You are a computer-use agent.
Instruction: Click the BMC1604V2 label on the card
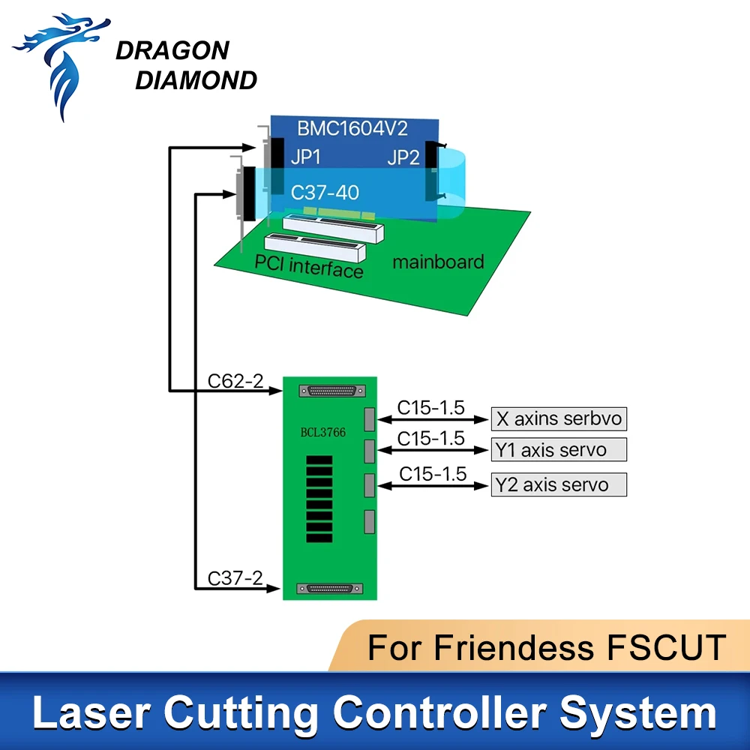point(352,127)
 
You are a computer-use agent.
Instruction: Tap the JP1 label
point(306,157)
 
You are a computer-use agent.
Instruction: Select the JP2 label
point(404,157)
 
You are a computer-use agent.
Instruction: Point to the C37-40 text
point(325,193)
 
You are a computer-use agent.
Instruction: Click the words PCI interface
point(309,266)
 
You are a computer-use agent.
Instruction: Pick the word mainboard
point(438,262)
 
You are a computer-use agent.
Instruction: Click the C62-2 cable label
point(235,381)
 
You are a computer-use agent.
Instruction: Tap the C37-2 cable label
point(235,578)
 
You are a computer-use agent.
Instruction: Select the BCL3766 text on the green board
point(324,433)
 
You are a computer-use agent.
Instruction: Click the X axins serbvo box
point(559,418)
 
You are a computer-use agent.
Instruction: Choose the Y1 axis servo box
point(559,450)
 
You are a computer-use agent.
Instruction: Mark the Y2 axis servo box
point(559,484)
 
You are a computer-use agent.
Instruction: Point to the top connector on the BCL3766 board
point(331,391)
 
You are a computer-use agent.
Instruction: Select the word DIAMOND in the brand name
point(196,80)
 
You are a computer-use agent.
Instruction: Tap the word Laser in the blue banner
point(88,712)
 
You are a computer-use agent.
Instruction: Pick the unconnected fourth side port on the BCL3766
point(369,521)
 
